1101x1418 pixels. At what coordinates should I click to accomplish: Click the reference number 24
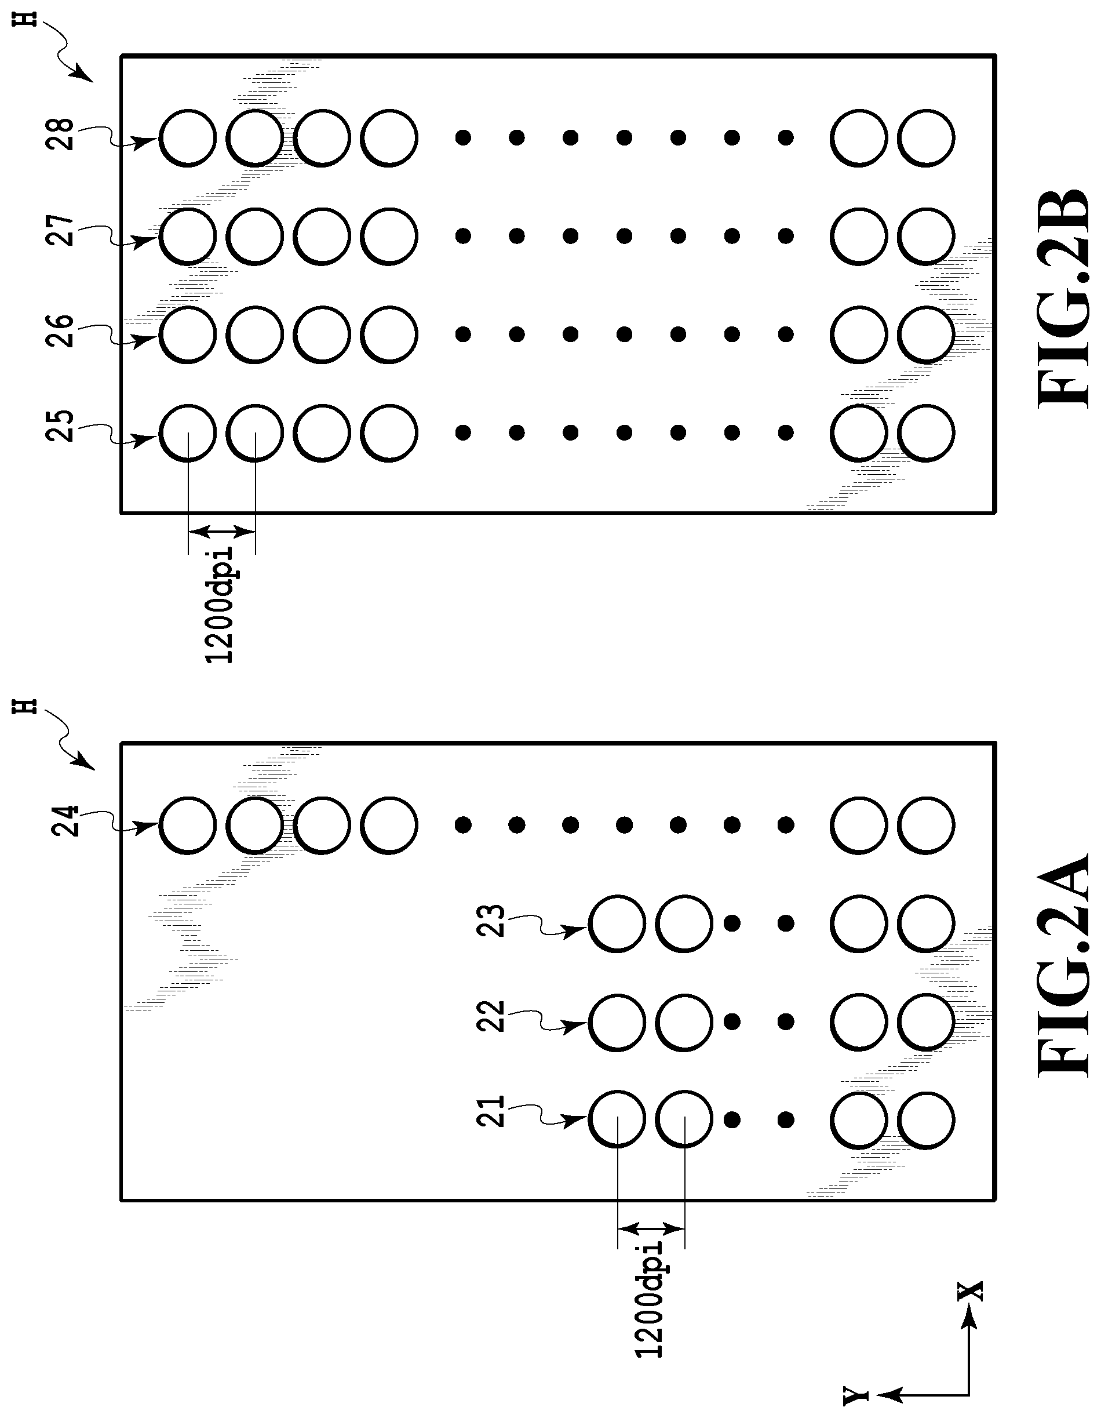point(65,821)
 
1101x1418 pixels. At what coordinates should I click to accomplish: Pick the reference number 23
point(491,920)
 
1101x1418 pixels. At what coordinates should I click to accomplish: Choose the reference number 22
point(491,1016)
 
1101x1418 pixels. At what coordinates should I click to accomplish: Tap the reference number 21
point(491,1111)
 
